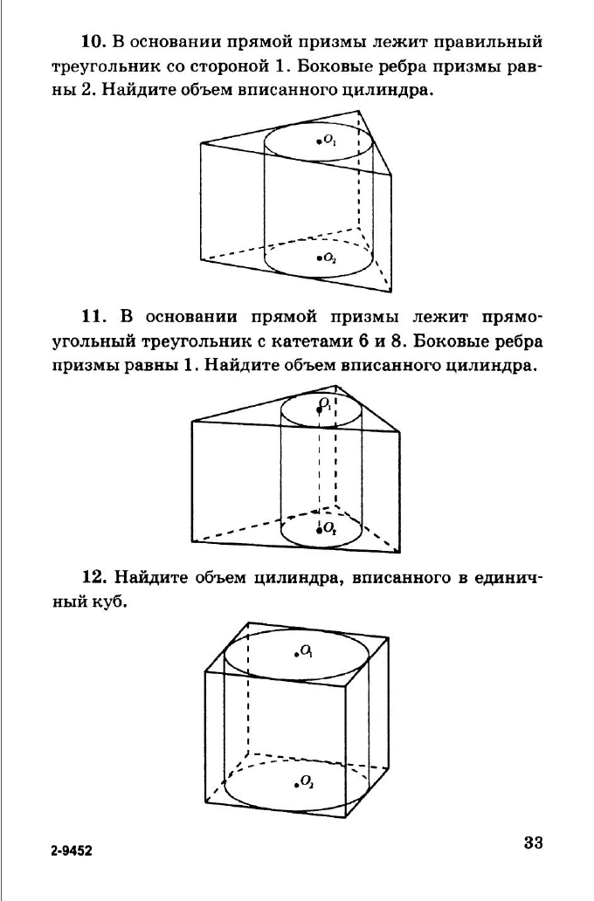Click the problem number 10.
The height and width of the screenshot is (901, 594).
coord(93,42)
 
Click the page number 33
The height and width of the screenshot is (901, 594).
coord(533,843)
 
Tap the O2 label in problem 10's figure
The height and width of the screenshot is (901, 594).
coord(329,258)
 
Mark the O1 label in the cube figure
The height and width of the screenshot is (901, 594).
coord(307,651)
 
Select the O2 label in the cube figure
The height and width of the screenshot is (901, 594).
coord(307,781)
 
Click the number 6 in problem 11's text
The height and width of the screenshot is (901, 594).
coord(363,341)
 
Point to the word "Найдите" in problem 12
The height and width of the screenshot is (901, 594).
coord(152,577)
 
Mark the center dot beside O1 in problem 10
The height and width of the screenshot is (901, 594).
coord(319,141)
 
